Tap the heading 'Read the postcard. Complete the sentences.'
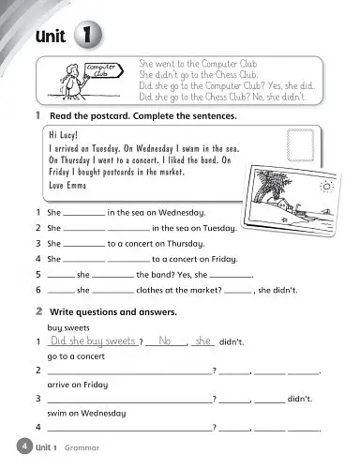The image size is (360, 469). (x=141, y=116)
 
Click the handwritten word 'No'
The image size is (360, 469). (x=168, y=342)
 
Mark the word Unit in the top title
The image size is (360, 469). (x=48, y=38)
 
